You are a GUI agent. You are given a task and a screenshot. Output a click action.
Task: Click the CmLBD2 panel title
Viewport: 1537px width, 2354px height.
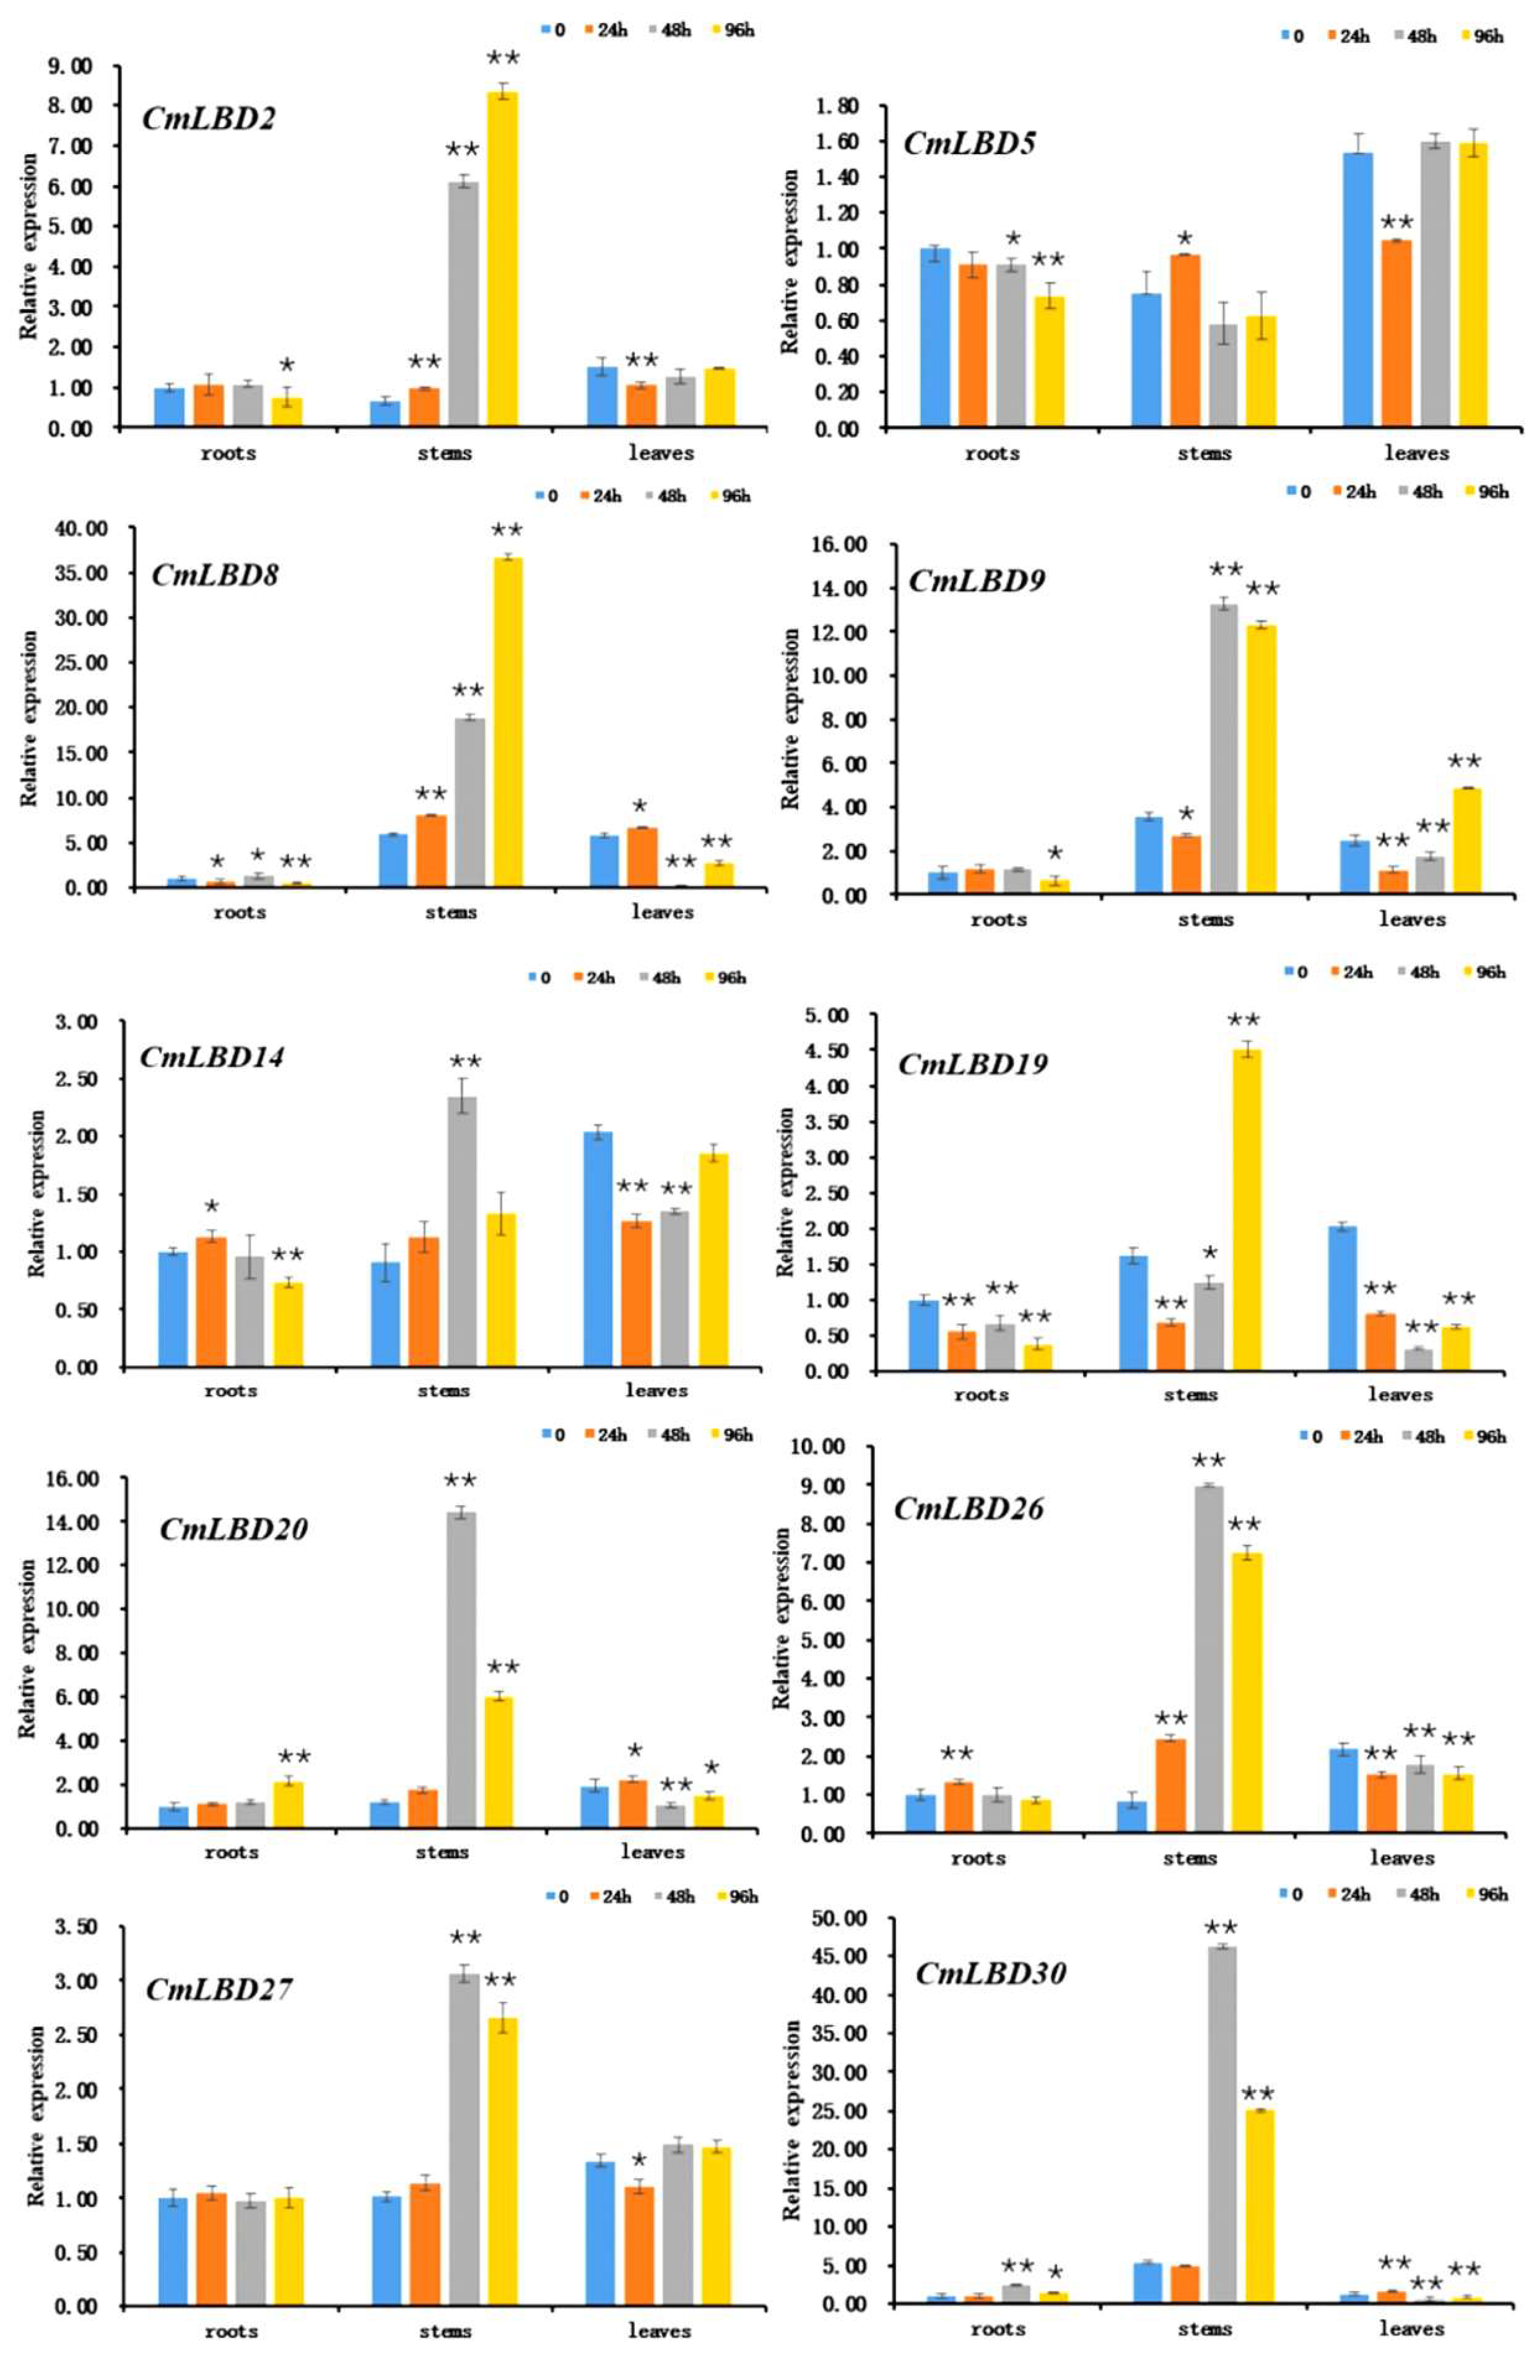pyautogui.click(x=209, y=119)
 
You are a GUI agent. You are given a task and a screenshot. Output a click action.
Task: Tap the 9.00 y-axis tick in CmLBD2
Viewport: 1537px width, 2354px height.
pyautogui.click(x=70, y=66)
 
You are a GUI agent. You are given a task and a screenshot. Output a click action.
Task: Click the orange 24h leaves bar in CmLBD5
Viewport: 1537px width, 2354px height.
pyautogui.click(x=1396, y=333)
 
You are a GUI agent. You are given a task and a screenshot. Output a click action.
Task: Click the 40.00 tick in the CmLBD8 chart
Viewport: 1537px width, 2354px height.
pyautogui.click(x=84, y=529)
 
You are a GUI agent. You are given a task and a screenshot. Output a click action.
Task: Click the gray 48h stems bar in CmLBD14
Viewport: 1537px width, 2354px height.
pyautogui.click(x=462, y=1231)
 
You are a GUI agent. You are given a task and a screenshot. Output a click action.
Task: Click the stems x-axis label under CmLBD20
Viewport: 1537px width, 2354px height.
pyautogui.click(x=442, y=1851)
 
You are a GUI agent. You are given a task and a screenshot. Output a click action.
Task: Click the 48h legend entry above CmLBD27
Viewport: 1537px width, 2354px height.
pyautogui.click(x=674, y=1896)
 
